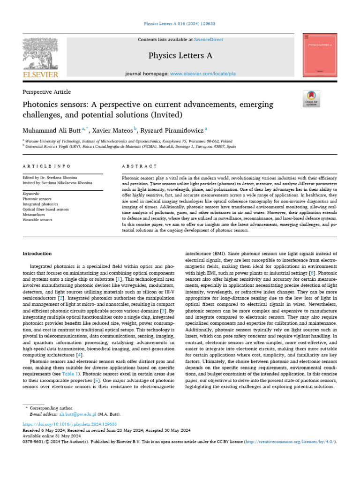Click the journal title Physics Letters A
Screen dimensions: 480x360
click(x=180, y=56)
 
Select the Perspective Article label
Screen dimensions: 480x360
click(x=46, y=92)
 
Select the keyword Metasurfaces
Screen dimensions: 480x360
click(x=35, y=214)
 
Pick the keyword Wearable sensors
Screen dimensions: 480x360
click(x=37, y=219)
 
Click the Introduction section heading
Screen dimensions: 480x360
click(x=37, y=254)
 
